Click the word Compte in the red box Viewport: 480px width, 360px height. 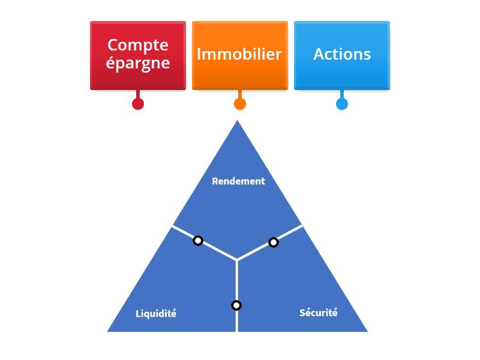coord(138,45)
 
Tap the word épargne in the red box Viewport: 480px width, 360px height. coord(138,63)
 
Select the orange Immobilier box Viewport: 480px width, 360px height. coord(239,55)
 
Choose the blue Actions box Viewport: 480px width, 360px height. coord(342,55)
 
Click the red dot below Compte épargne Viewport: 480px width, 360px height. coord(138,104)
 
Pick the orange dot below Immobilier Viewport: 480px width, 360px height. coord(240,104)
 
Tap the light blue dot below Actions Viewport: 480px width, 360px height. coord(342,104)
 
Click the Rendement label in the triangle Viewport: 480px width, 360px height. coord(238,181)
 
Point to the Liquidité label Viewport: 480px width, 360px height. coord(156,314)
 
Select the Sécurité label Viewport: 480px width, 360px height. coord(319,313)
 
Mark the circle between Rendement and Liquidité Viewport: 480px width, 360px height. coord(198,241)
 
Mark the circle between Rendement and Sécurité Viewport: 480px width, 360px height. coord(274,242)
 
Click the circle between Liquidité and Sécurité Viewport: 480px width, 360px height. coord(236,305)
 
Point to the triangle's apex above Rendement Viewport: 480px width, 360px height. coord(237,122)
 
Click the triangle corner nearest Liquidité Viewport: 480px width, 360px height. coord(109,330)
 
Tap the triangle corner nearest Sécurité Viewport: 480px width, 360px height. coord(365,330)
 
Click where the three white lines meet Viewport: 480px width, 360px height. coord(237,260)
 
